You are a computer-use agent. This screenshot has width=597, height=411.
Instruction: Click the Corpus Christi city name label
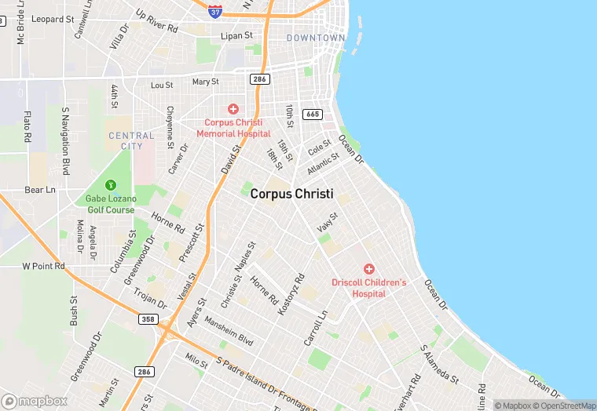pos(291,194)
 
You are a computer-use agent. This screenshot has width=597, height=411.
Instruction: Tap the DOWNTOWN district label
pos(316,38)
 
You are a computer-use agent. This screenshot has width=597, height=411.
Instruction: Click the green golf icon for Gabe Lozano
pos(111,185)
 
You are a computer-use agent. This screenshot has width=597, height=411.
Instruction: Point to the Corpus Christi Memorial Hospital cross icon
pos(233,109)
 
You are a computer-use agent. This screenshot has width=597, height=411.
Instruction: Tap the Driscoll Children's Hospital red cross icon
pos(368,269)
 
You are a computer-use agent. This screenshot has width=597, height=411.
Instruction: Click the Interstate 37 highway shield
pos(215,11)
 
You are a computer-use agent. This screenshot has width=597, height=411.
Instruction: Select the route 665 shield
pos(312,115)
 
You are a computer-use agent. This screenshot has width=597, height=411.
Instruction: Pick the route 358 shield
pos(147,319)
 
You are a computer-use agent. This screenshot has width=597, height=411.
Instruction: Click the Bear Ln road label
pos(40,190)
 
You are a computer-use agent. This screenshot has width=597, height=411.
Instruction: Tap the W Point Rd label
pos(42,267)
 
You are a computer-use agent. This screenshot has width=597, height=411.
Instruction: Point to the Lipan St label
pos(236,35)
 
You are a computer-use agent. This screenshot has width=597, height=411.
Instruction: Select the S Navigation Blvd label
pos(66,141)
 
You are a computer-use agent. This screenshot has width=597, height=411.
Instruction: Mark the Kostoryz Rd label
pos(291,294)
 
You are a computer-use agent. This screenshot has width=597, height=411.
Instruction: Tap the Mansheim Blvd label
pos(229,331)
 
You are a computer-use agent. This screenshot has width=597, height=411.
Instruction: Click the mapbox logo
pos(35,400)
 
